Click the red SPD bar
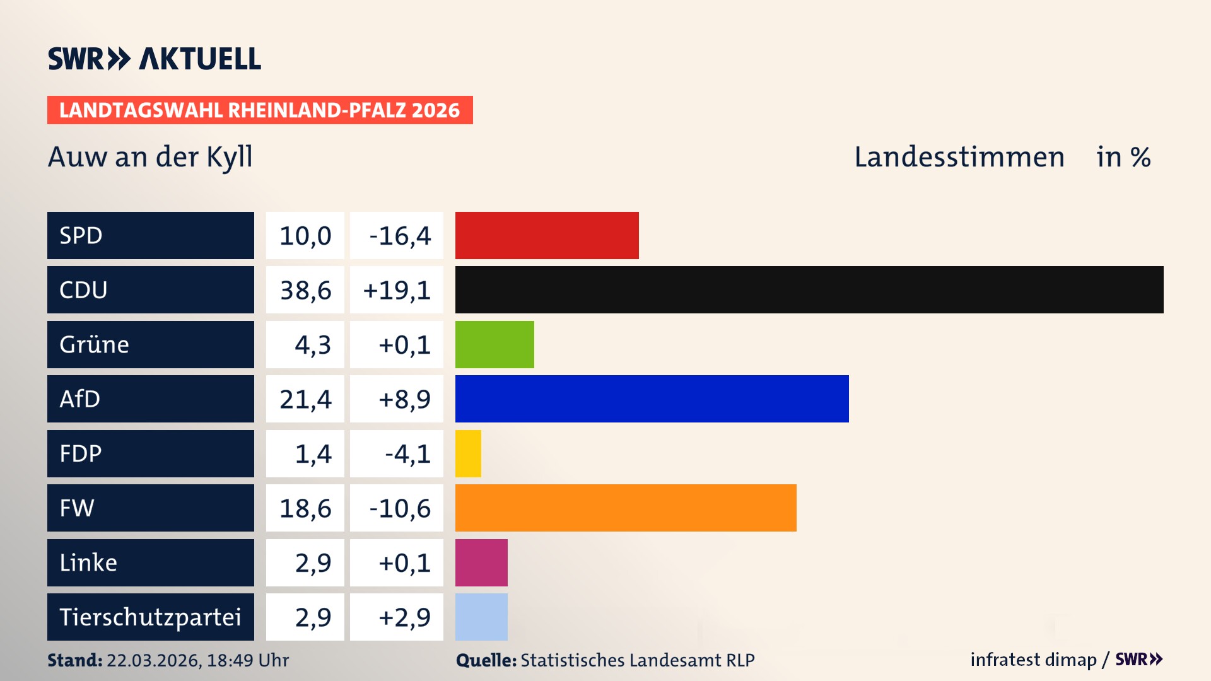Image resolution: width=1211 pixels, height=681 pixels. [x=547, y=235]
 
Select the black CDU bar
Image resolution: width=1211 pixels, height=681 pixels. [x=809, y=290]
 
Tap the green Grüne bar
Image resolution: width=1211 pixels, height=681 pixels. [x=494, y=344]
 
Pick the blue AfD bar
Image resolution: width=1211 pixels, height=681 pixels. [x=652, y=399]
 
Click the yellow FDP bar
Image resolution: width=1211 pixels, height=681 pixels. [x=468, y=453]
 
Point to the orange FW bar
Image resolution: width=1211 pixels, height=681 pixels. [x=626, y=508]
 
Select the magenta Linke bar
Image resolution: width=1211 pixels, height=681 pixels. [x=481, y=562]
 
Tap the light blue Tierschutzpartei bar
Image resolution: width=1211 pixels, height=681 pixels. [x=481, y=617]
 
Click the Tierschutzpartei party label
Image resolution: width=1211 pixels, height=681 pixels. [x=150, y=617]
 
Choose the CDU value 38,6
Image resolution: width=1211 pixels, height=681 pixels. [x=305, y=290]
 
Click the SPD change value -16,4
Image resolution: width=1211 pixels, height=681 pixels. [x=399, y=235]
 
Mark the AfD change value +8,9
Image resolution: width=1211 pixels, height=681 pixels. [x=404, y=399]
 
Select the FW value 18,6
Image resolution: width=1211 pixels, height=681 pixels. [x=305, y=508]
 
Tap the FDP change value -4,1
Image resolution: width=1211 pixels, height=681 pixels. [x=407, y=453]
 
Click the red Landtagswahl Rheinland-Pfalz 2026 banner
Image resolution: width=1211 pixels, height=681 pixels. [x=260, y=110]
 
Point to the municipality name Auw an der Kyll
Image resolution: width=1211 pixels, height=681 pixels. [x=150, y=156]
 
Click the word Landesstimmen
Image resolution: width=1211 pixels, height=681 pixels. [x=959, y=156]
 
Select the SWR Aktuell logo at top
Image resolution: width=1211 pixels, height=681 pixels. [x=154, y=59]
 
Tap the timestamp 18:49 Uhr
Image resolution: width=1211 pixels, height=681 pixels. [x=247, y=660]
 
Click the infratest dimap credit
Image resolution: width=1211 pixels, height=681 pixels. [x=1033, y=660]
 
